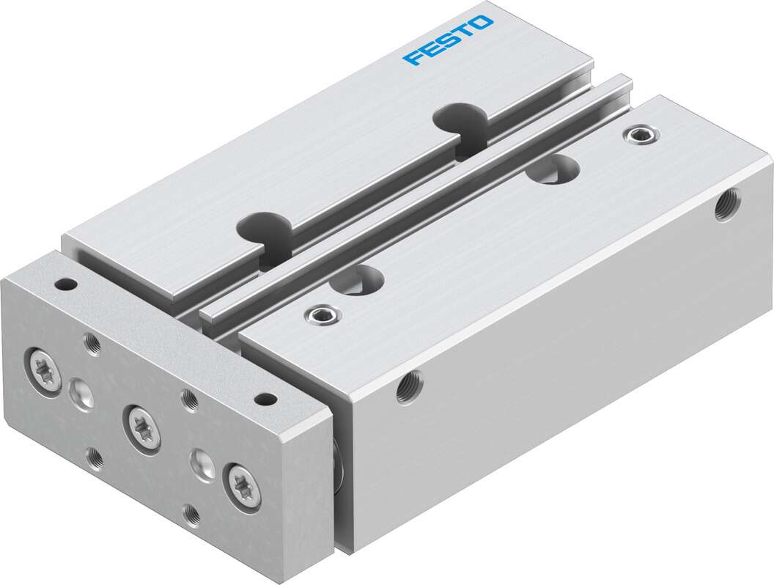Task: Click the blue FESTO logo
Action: click(449, 40)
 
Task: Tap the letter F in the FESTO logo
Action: click(412, 57)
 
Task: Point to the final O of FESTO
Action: click(482, 23)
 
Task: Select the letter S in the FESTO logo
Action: click(448, 40)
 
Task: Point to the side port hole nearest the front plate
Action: click(408, 386)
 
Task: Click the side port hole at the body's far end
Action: click(728, 203)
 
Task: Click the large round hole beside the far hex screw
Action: click(552, 169)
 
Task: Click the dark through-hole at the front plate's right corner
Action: click(265, 400)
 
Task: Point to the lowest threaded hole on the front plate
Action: click(191, 515)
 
